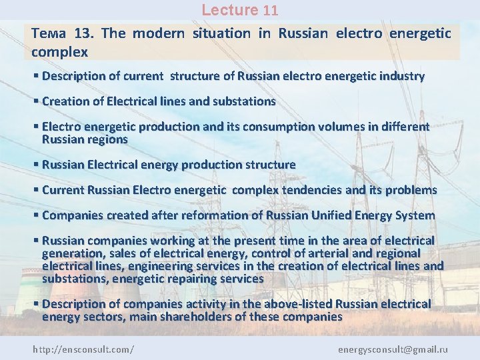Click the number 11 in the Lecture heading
click(270, 11)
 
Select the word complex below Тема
click(59, 51)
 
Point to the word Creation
click(63, 101)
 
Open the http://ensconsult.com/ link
click(83, 349)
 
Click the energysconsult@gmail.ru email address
click(393, 349)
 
